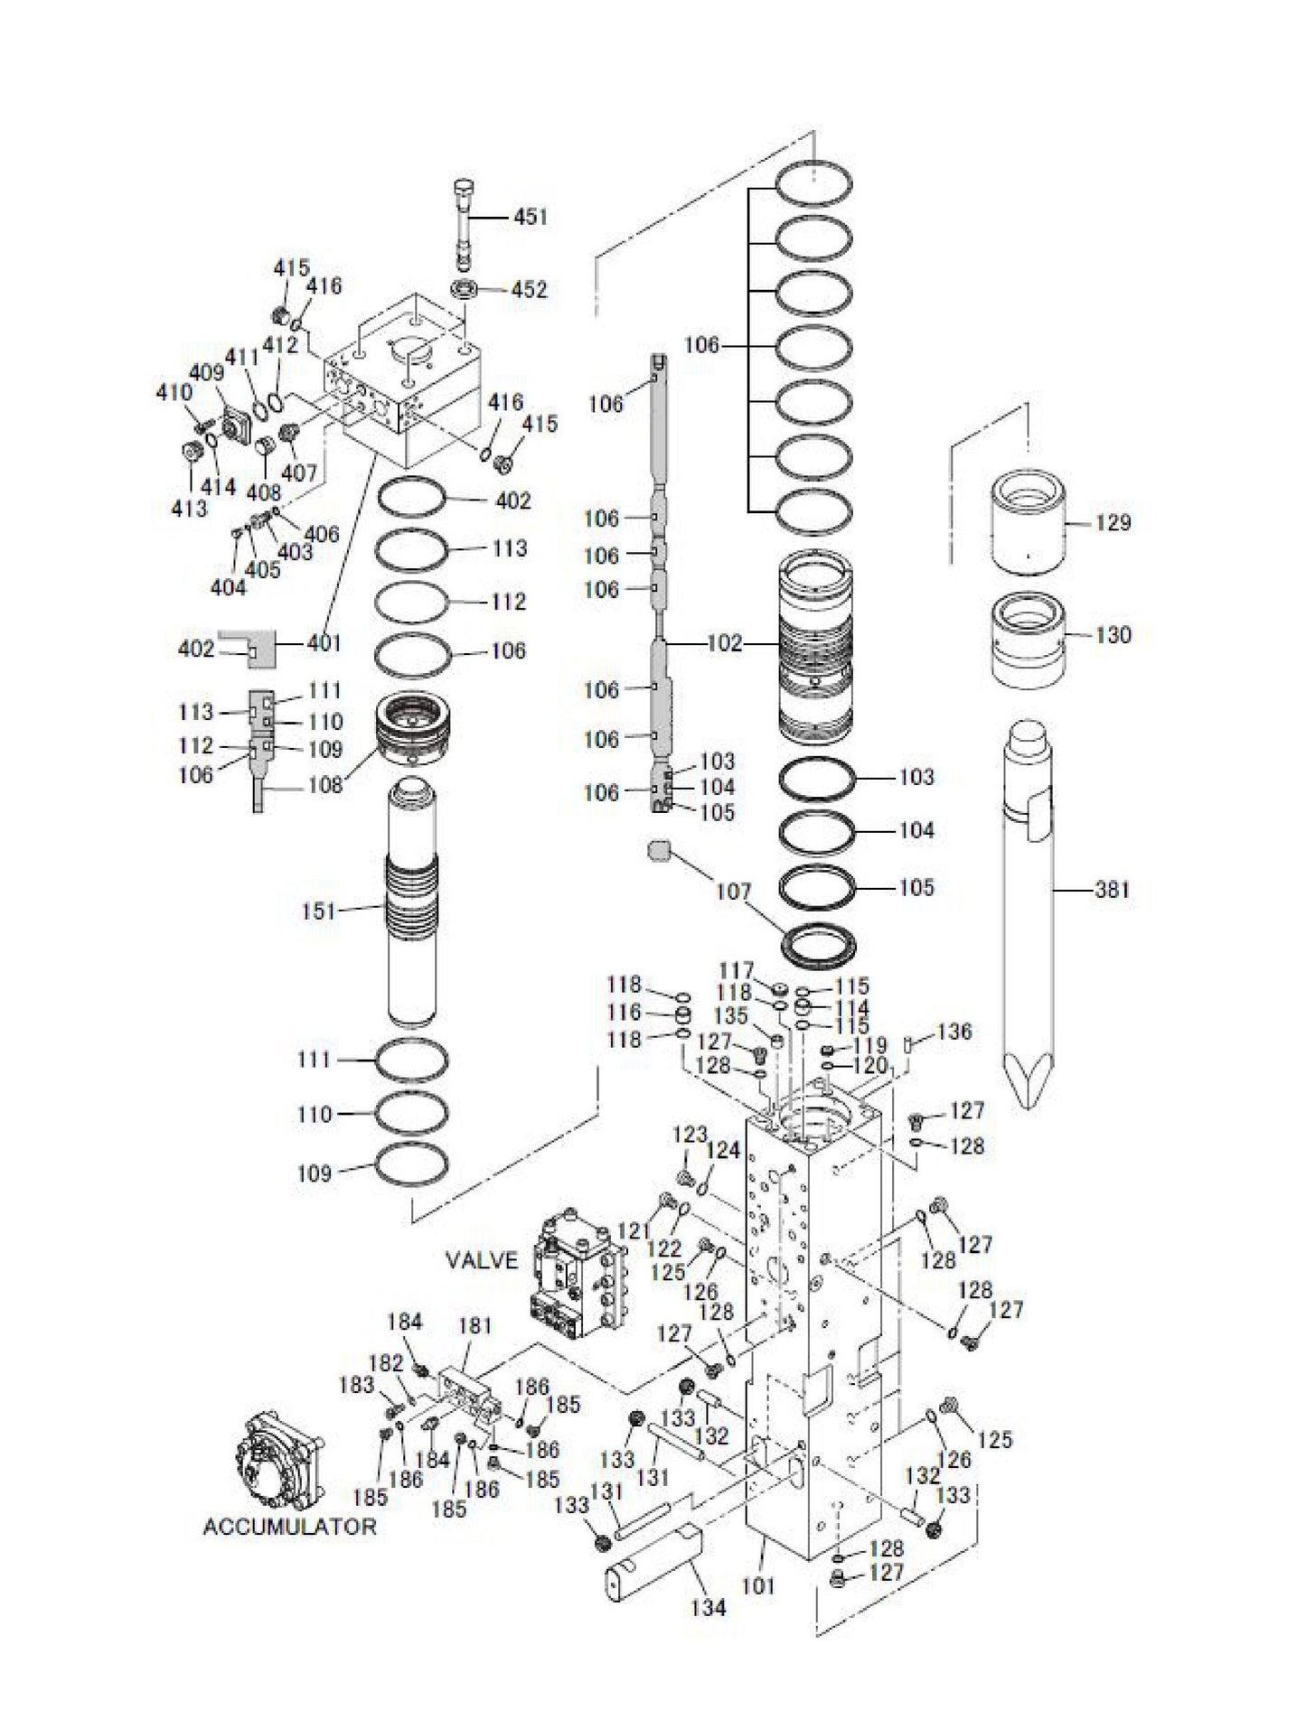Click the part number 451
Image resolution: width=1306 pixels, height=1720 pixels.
point(531,217)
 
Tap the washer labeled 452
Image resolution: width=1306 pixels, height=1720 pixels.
point(467,289)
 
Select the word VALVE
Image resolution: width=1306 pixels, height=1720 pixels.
point(483,1260)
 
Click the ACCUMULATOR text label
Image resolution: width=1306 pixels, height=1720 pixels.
point(289,1527)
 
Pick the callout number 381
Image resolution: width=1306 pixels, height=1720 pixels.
point(1112,890)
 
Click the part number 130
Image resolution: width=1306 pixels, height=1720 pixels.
point(1113,635)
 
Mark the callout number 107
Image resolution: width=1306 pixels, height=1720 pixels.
point(733,893)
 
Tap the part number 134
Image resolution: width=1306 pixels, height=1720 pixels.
point(709,1607)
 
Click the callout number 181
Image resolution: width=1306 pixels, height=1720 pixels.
point(474,1325)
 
